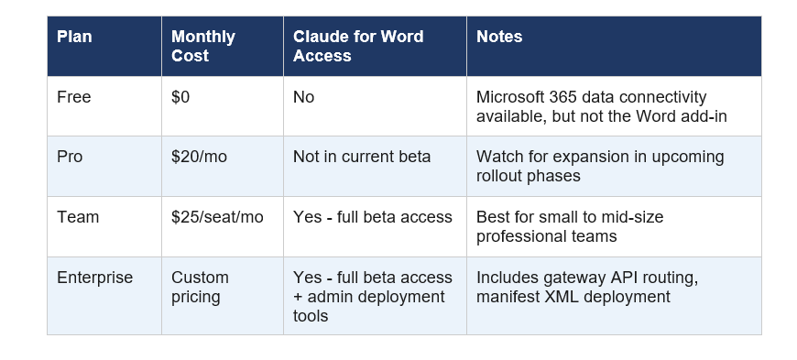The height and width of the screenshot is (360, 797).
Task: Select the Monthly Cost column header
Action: click(x=202, y=46)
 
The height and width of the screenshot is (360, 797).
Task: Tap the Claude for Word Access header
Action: click(x=357, y=46)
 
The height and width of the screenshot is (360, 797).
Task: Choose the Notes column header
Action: click(x=499, y=38)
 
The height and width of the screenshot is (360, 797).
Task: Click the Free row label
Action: click(x=73, y=97)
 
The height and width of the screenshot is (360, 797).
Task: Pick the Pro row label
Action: click(x=70, y=157)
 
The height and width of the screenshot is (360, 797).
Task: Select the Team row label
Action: click(x=75, y=217)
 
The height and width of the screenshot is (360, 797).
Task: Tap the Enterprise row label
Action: click(x=94, y=278)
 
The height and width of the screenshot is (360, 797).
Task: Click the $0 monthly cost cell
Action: click(x=180, y=97)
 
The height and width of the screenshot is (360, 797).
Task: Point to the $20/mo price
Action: click(x=199, y=157)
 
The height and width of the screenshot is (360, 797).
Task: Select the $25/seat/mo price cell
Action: click(x=216, y=217)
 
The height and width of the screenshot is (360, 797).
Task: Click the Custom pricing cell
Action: click(x=200, y=287)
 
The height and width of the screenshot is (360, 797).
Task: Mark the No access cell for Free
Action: click(x=303, y=97)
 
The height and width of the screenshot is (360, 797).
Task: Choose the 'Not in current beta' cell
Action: click(x=361, y=157)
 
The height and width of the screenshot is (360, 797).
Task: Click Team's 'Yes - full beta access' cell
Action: click(x=372, y=217)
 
